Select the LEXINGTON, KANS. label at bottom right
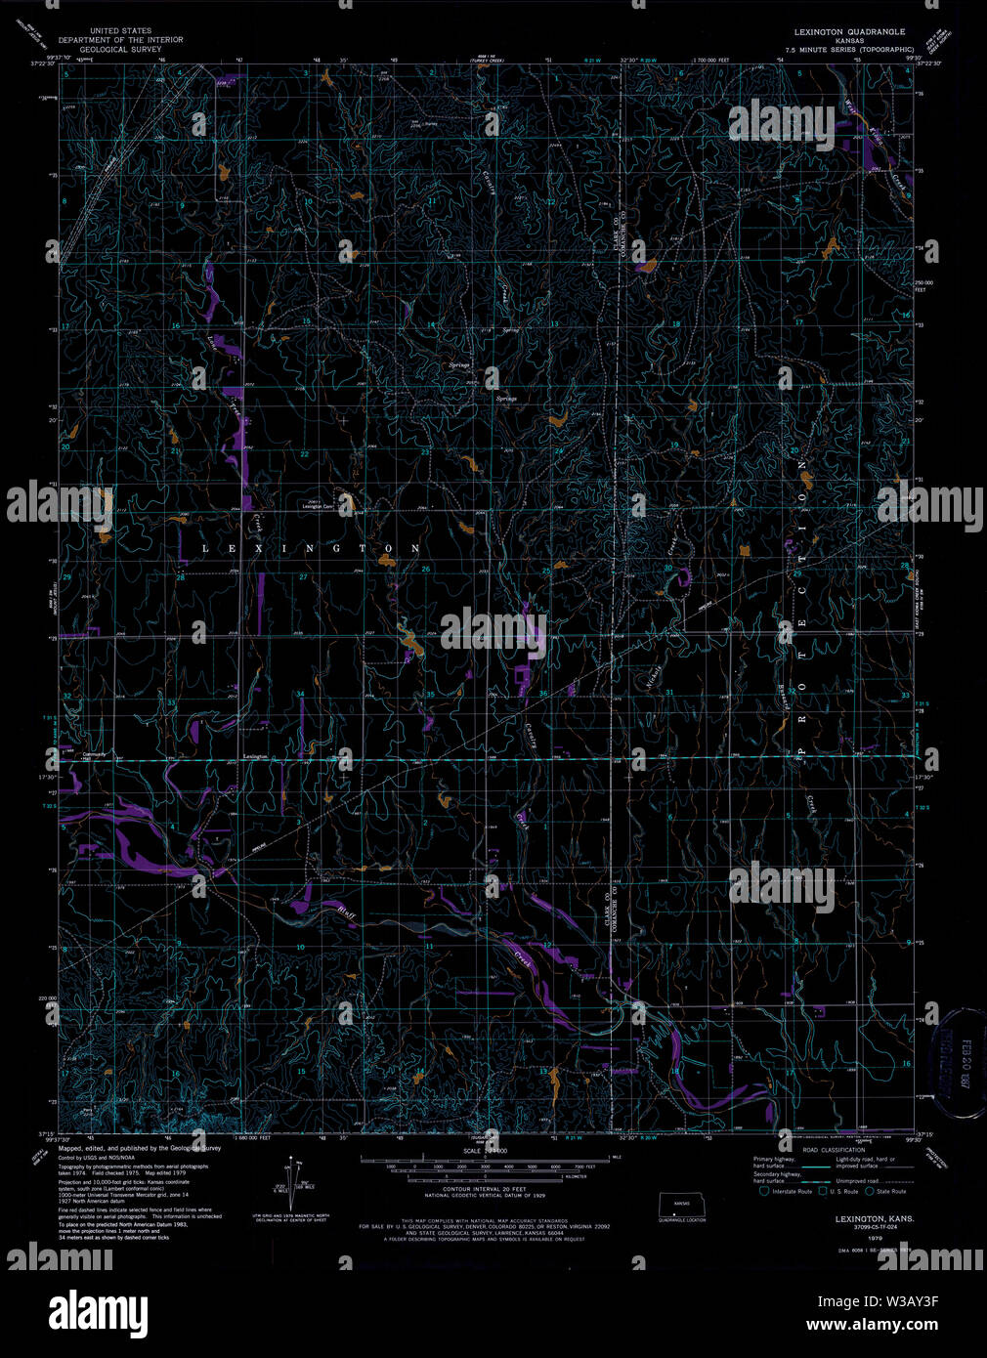875,1218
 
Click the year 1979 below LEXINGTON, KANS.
861,1238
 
